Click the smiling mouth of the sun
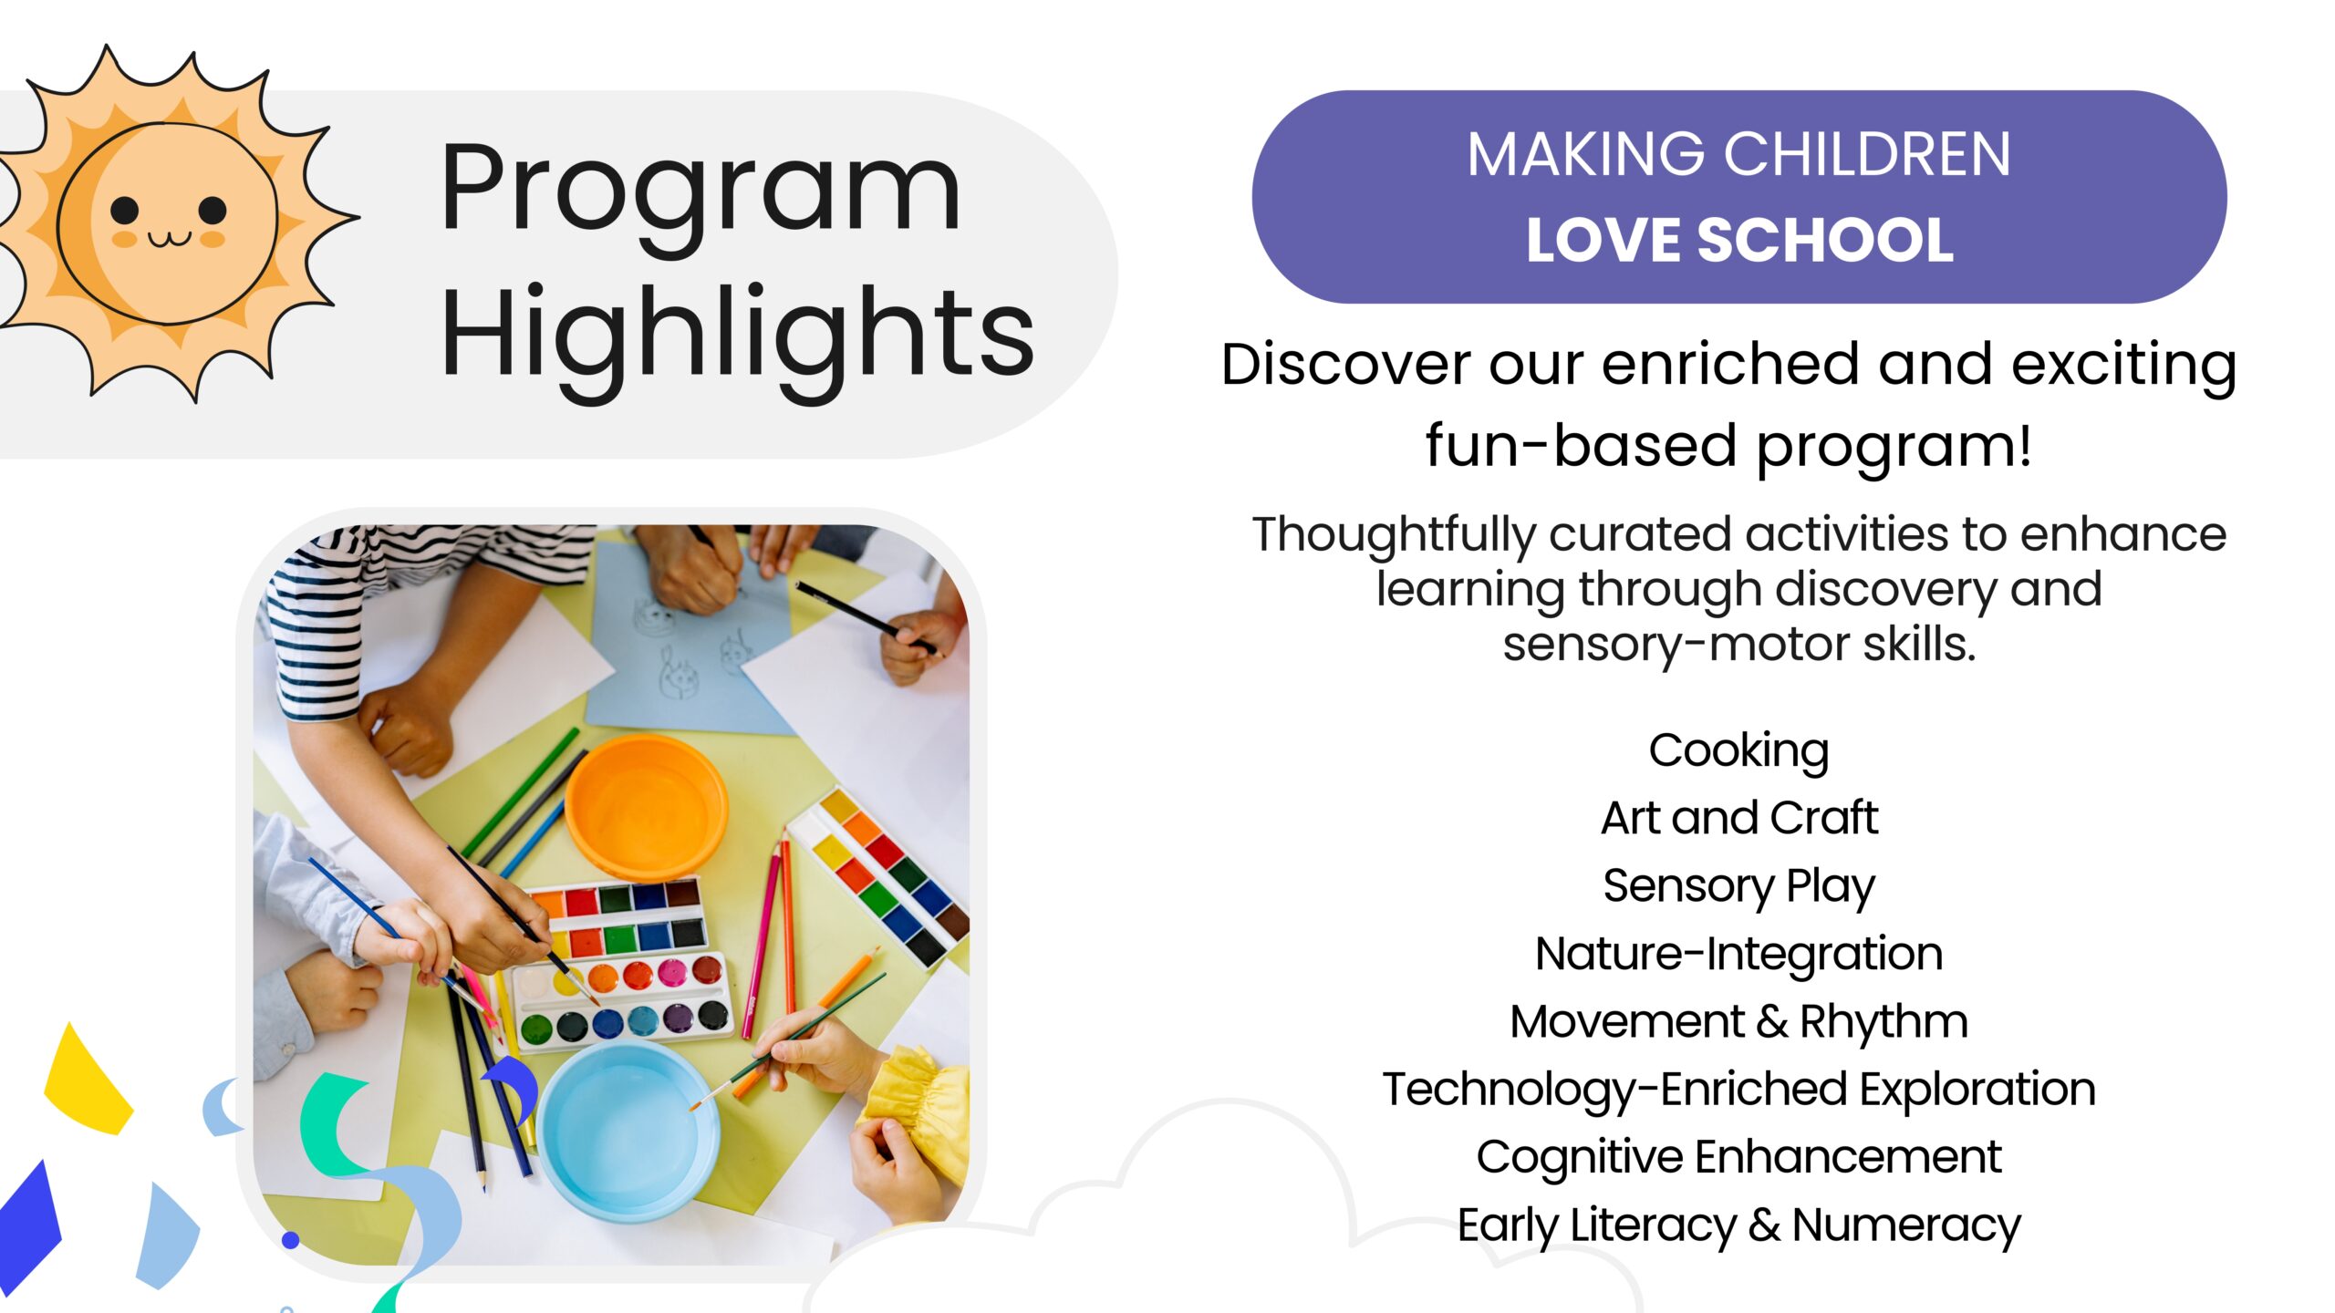170,239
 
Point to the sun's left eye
125,211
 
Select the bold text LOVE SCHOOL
1739,240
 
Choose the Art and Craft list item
1739,818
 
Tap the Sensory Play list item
1739,887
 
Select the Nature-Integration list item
1739,954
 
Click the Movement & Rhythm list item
1739,1022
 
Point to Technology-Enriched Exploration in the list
1739,1090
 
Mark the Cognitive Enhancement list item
1739,1158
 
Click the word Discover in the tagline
1345,364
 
